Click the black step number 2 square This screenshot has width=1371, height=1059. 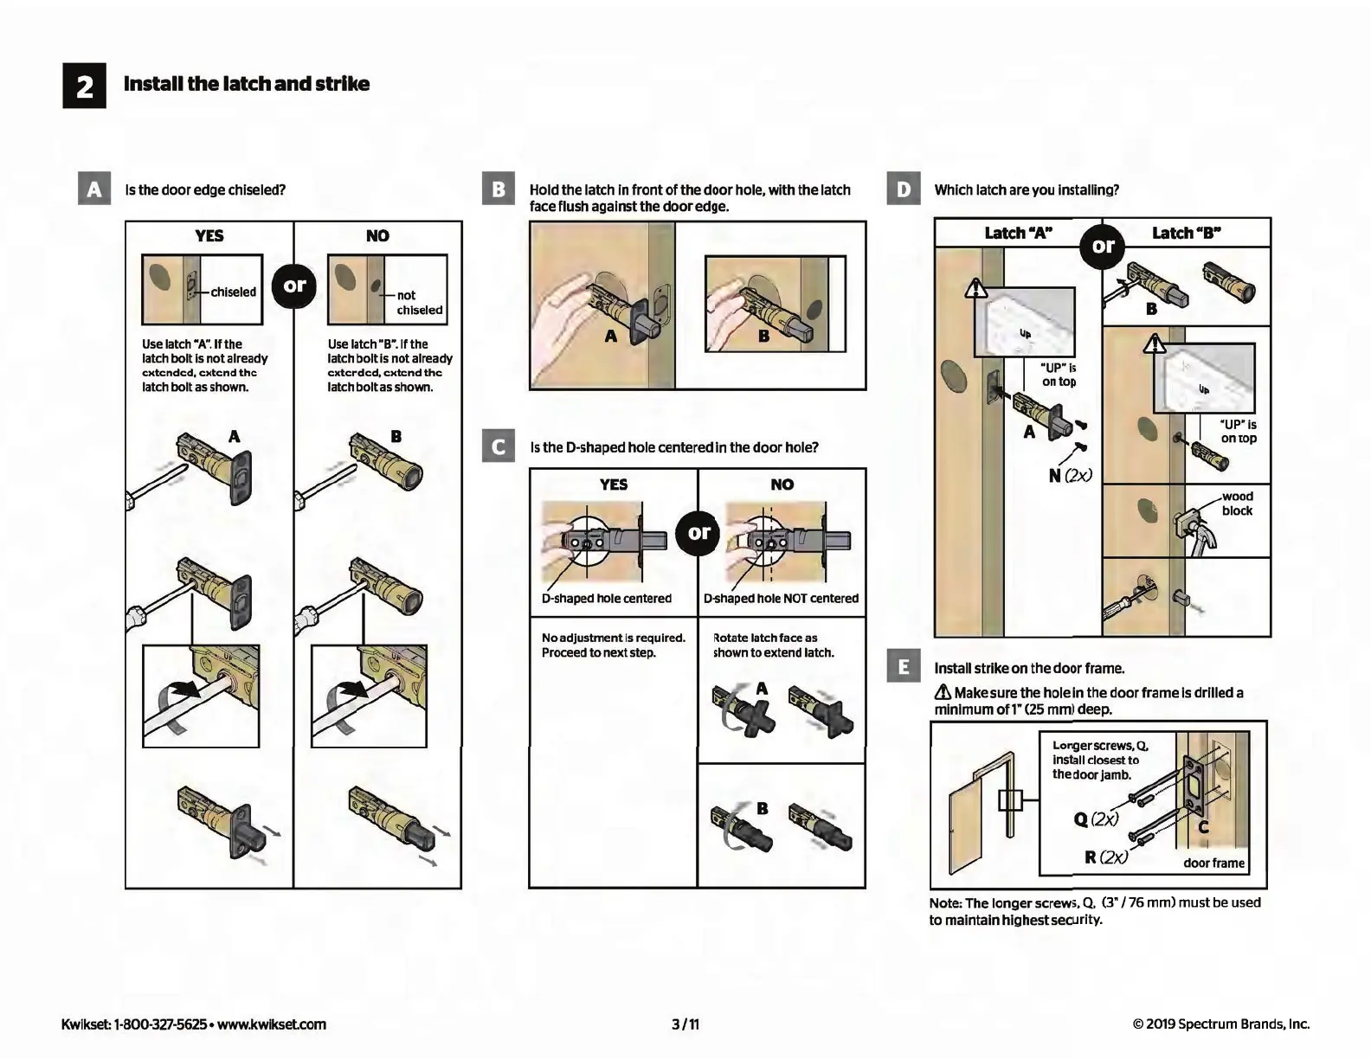coord(84,86)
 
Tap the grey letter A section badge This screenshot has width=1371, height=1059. coord(94,189)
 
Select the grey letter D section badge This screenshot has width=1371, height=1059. coord(904,189)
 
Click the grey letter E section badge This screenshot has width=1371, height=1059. coord(904,667)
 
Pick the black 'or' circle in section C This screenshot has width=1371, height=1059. coord(698,533)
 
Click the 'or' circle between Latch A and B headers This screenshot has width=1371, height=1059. coord(1103,246)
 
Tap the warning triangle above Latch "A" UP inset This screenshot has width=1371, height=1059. coord(977,288)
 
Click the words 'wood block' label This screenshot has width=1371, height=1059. coord(1237,504)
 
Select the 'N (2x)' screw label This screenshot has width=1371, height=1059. coord(1071,475)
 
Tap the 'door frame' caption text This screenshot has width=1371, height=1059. coord(1213,863)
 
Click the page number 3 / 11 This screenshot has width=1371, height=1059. coord(685,1024)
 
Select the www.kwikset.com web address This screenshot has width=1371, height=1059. coord(272,1024)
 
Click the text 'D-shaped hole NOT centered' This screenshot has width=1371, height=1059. coord(781,599)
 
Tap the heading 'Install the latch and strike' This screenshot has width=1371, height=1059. coord(247,84)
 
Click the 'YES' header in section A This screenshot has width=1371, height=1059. coord(209,235)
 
